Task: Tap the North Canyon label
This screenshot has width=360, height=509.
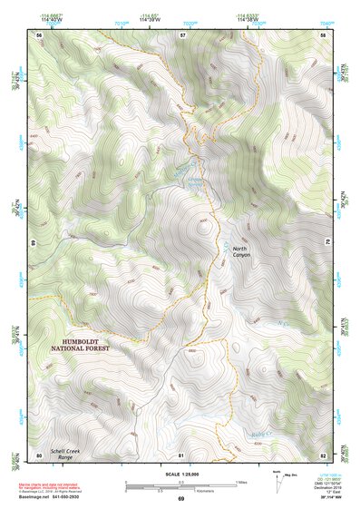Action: (x=240, y=251)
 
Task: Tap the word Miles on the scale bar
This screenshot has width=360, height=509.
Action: (x=240, y=483)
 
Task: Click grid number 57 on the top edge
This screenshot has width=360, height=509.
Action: (x=182, y=34)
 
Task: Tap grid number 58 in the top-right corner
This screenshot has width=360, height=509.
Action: (x=325, y=34)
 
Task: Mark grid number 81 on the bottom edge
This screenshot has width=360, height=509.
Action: (x=182, y=454)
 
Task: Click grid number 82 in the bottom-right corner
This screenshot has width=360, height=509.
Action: (x=325, y=454)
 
